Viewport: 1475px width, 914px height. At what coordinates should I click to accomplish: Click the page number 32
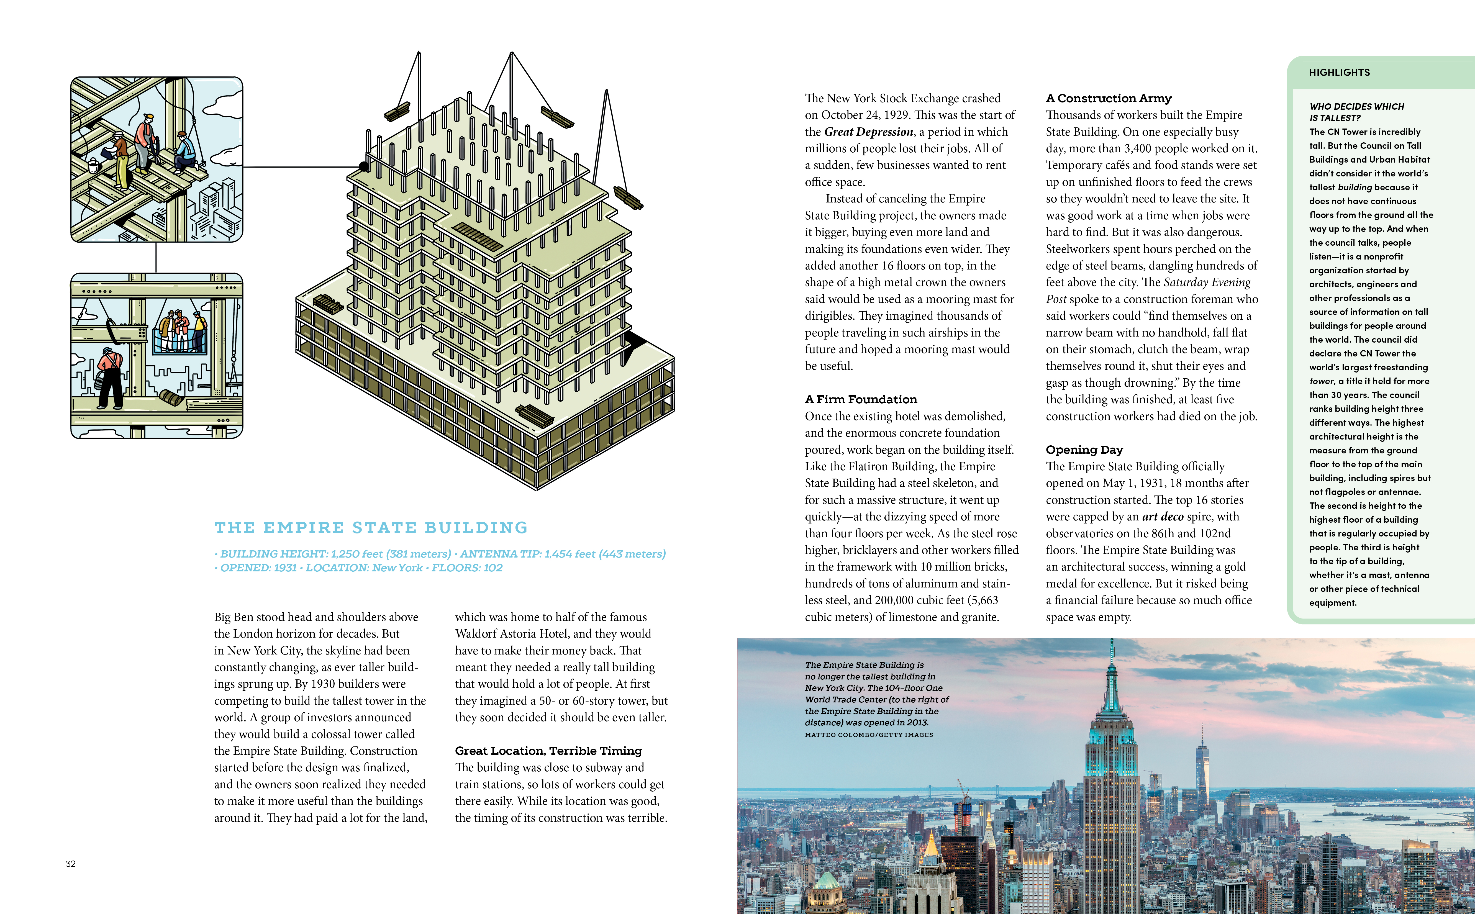[71, 864]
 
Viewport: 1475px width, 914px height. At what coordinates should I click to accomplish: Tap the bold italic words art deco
[1163, 516]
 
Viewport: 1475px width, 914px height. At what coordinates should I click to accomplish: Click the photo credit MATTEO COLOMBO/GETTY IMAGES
[869, 735]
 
